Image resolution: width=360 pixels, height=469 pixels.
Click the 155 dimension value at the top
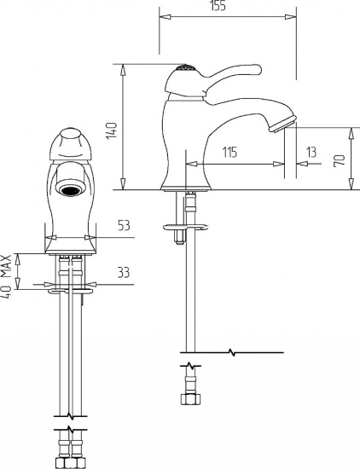coord(218,5)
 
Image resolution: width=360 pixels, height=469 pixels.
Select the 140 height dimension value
coord(111,130)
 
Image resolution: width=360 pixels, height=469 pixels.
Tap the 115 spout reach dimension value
coord(229,152)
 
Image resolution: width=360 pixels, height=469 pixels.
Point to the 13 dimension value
coord(311,152)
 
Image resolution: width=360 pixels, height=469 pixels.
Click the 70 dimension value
coord(340,160)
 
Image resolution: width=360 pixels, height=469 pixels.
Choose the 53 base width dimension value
coord(125,225)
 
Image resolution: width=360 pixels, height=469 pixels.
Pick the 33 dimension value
coord(124,272)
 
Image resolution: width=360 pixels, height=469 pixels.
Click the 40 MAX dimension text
coord(6,276)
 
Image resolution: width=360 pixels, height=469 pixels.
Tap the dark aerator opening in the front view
coord(70,190)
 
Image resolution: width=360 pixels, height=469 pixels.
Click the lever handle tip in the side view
coord(257,69)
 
